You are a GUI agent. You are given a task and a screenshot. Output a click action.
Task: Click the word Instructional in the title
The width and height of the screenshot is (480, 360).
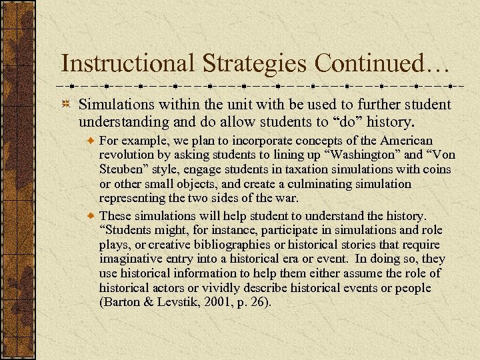(127, 63)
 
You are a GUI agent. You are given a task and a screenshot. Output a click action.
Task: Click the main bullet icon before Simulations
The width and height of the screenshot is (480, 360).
(67, 105)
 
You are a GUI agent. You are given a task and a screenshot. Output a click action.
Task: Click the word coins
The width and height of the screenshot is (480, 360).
(437, 170)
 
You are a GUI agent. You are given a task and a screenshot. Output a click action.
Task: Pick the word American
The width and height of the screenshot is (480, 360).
(406, 141)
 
